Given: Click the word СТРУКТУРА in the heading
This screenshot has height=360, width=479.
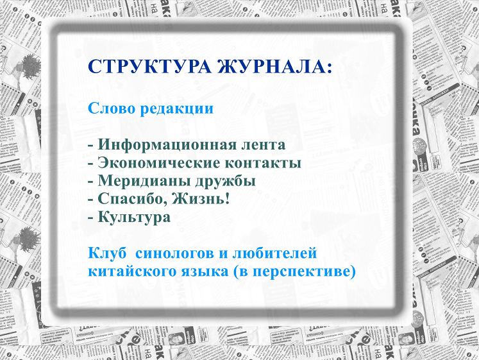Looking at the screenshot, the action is pyautogui.click(x=149, y=66).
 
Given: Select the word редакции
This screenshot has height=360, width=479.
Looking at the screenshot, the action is pyautogui.click(x=176, y=109).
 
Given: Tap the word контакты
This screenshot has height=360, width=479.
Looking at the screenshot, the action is pyautogui.click(x=263, y=163).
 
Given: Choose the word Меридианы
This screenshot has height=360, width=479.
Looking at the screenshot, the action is pyautogui.click(x=144, y=181).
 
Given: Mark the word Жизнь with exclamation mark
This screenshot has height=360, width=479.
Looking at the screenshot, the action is pyautogui.click(x=201, y=199).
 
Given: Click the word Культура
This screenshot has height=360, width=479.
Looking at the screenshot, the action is pyautogui.click(x=134, y=218).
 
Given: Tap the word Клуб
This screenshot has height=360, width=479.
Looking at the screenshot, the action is pyautogui.click(x=107, y=253).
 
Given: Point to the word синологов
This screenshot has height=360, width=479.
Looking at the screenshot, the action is pyautogui.click(x=174, y=254).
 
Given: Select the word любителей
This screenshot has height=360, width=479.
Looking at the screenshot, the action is pyautogui.click(x=274, y=253).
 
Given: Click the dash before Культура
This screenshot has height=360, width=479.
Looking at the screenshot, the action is pyautogui.click(x=90, y=218).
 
